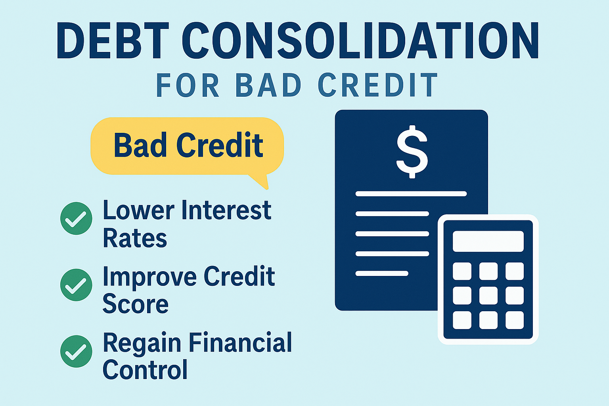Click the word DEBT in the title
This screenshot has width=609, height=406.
[x=113, y=40]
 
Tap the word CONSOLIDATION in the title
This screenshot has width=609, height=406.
[x=360, y=40]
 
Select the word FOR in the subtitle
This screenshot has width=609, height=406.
[x=188, y=85]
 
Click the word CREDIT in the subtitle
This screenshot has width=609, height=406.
[x=377, y=85]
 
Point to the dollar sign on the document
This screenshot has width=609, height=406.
[x=412, y=152]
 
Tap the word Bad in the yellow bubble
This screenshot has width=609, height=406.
[x=140, y=145]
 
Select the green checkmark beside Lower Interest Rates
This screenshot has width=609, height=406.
[x=76, y=218]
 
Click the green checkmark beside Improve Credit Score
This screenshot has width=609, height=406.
[x=76, y=285]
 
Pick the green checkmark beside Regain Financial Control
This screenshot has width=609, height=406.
[x=76, y=351]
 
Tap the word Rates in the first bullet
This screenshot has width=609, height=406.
[x=135, y=238]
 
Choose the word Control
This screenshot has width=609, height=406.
[x=145, y=370]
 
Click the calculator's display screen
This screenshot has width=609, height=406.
[x=488, y=241]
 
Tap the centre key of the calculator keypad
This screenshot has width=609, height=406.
[x=488, y=296]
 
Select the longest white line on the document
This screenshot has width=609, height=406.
[x=411, y=194]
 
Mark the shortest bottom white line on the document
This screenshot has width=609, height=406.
[x=382, y=273]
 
